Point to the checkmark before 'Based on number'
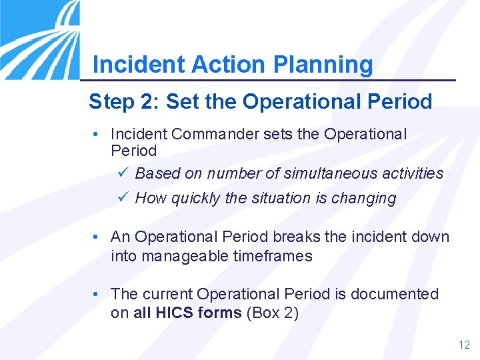121,173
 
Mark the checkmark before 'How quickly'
121,198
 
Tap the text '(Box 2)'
272,313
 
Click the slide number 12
464,345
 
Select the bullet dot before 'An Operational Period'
97,237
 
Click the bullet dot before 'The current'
97,294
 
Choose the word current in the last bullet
166,294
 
